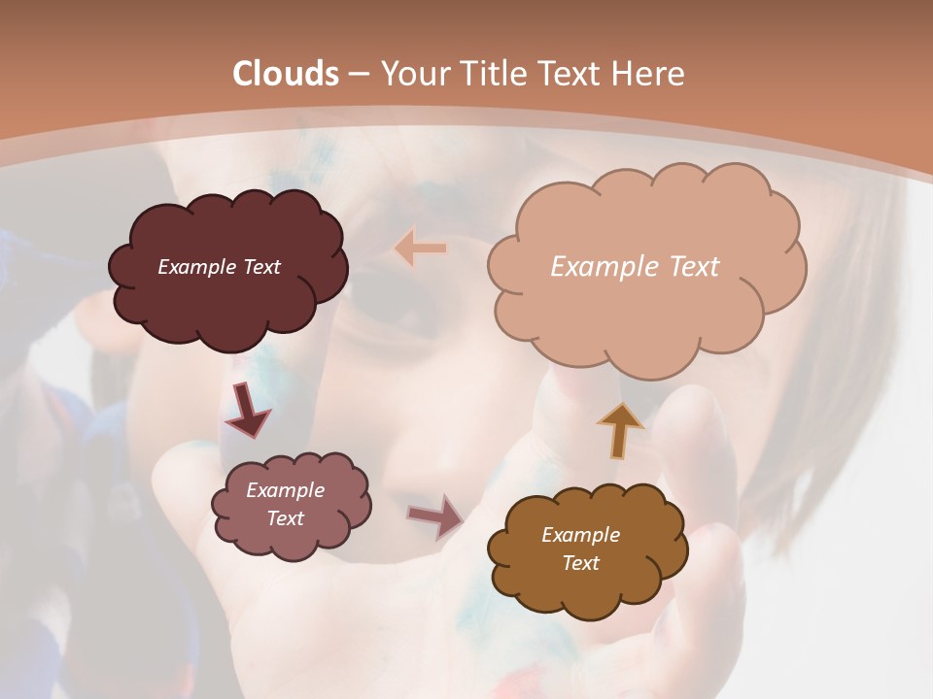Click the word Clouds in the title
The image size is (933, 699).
point(286,74)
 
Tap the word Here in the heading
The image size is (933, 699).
point(648,74)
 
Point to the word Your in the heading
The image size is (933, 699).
point(412,74)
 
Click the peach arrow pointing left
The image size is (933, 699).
point(421,249)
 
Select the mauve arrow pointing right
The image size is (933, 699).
point(435,516)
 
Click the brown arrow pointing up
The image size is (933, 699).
point(619,429)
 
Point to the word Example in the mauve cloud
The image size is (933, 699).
point(285,490)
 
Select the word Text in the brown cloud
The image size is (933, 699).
point(580,563)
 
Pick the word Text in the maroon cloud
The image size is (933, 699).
point(260,267)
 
